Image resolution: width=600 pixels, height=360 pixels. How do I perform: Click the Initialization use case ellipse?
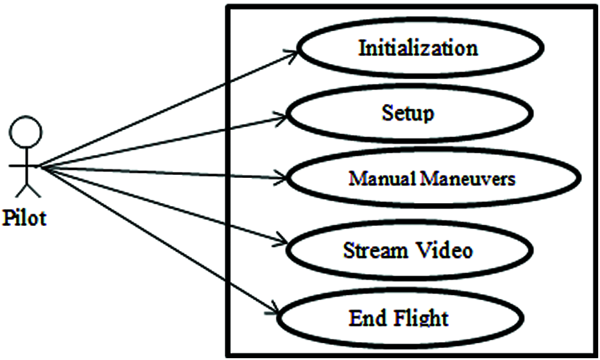coord(420,48)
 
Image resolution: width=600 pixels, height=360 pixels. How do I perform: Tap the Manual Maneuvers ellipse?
coord(432,179)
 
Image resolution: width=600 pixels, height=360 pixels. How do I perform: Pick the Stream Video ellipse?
coord(408,250)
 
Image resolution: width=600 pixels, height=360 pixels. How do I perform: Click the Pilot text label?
coord(24,218)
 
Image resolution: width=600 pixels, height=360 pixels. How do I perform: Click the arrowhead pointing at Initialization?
coord(292,53)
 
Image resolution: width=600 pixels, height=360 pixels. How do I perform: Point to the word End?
coord(368,317)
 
